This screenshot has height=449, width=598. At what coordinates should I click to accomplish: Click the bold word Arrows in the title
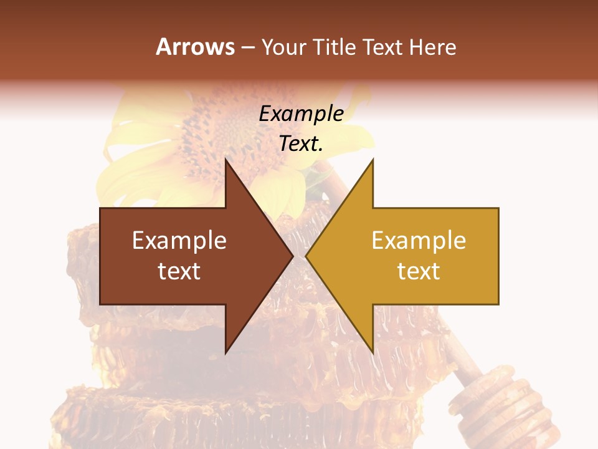point(195,47)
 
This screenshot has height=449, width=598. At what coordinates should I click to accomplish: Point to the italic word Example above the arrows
point(301,113)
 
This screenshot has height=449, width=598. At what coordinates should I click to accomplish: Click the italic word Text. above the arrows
point(301,143)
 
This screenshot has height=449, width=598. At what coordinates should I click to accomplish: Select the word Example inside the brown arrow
point(179,241)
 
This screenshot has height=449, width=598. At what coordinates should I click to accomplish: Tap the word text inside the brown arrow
point(179,271)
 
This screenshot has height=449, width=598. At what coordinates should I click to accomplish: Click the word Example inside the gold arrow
point(419,241)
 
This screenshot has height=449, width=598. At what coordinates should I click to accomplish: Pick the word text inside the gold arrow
point(419,271)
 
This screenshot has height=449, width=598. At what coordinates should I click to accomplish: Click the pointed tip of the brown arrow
point(292,256)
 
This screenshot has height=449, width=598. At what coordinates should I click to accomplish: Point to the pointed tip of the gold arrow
point(307,256)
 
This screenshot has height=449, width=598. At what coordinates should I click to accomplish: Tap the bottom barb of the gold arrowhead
point(372,350)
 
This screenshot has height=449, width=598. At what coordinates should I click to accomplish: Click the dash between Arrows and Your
point(247,47)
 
